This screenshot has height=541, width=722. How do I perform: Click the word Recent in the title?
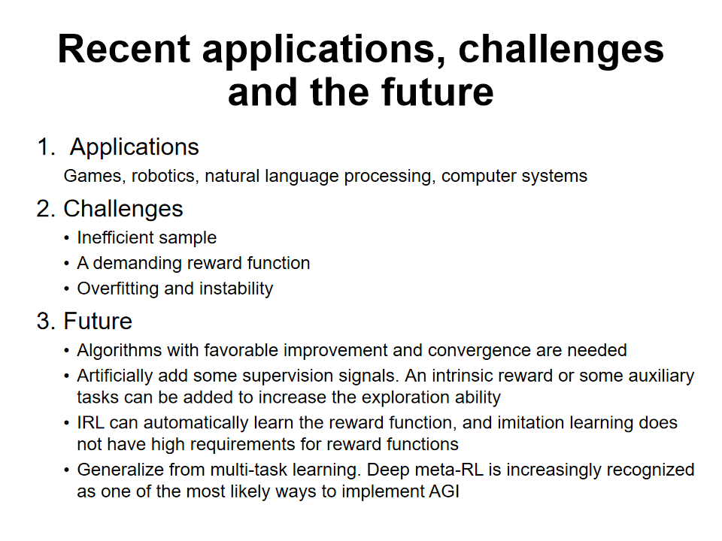[124, 49]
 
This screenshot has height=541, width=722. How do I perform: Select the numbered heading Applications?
[135, 148]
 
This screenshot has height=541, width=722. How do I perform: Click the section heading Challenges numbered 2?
[123, 210]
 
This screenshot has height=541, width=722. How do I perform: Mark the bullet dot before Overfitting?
[67, 289]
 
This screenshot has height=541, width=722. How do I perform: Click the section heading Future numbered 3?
[98, 321]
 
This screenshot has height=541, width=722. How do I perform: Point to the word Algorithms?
[120, 351]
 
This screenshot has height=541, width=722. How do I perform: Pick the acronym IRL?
[91, 423]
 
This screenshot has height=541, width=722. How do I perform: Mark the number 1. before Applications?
[46, 148]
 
